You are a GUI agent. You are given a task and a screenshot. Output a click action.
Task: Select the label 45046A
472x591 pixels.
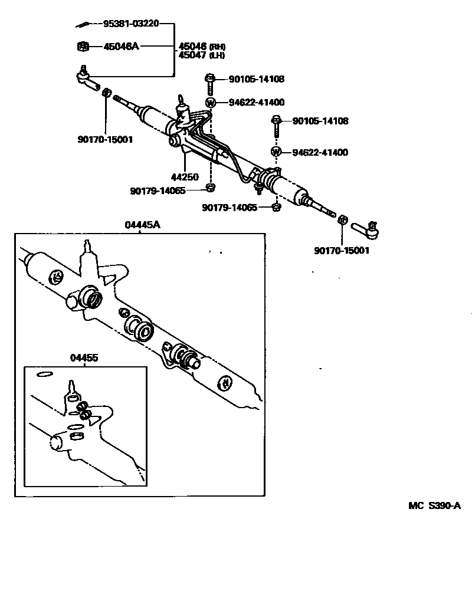(x=121, y=46)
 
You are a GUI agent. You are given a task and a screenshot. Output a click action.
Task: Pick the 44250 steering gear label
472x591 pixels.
(x=185, y=176)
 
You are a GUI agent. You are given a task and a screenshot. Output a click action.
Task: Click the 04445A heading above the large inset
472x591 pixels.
(x=142, y=225)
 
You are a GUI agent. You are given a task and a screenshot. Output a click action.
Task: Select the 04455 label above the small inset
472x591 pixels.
(x=84, y=358)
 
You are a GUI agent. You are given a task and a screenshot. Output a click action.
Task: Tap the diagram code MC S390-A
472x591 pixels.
(x=434, y=505)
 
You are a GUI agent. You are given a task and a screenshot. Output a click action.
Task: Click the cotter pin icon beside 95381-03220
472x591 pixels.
(x=84, y=25)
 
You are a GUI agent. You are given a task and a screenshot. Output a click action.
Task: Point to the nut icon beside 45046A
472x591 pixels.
(x=83, y=46)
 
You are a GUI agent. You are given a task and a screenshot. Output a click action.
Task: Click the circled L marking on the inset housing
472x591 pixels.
(x=58, y=276)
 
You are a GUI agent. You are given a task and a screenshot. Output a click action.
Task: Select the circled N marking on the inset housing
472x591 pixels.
(x=225, y=383)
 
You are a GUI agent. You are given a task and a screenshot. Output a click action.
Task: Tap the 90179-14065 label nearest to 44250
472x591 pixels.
(x=158, y=191)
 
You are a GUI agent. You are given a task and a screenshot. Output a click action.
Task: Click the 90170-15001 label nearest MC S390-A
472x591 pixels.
(x=342, y=250)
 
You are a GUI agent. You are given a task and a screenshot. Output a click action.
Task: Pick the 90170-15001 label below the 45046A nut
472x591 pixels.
(x=104, y=140)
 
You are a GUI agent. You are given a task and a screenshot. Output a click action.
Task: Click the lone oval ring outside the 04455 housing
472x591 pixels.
(x=44, y=374)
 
